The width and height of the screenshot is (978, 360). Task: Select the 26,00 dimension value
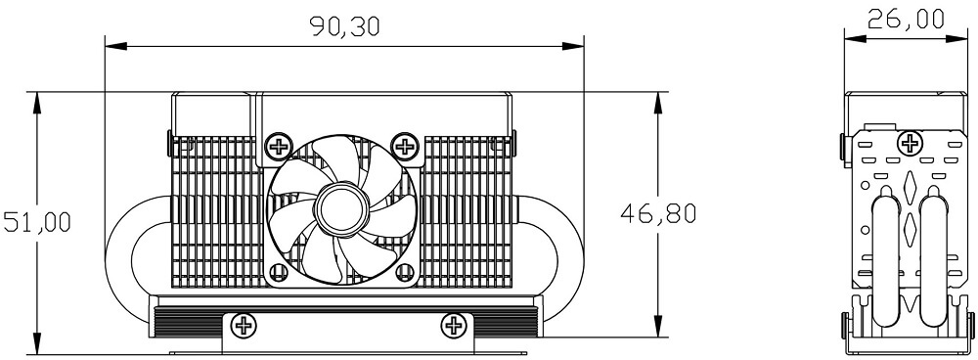point(907,20)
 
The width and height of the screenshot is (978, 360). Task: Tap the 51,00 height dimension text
point(36,222)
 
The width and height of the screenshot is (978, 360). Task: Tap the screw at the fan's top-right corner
point(403,147)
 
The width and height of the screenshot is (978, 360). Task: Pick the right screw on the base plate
point(453,324)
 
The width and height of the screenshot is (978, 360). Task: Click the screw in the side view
point(911,145)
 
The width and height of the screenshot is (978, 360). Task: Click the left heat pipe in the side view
point(885,259)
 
